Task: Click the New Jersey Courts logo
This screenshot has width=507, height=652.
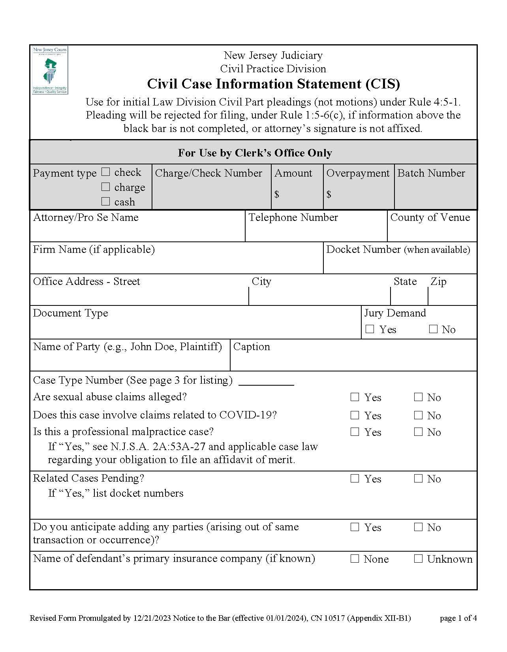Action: click(x=50, y=70)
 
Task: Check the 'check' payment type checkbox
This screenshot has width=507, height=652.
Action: click(x=105, y=172)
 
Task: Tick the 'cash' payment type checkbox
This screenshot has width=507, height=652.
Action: click(x=105, y=202)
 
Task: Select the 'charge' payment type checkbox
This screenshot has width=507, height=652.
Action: click(x=105, y=187)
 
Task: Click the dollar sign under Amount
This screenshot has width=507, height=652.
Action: click(x=277, y=194)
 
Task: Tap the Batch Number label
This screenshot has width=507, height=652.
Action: click(x=431, y=173)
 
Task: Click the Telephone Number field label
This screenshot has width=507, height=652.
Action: click(x=293, y=217)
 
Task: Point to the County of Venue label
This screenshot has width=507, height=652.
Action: click(x=430, y=217)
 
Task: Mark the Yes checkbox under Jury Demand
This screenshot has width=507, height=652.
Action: click(x=370, y=329)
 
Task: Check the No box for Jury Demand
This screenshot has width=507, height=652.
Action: click(x=433, y=329)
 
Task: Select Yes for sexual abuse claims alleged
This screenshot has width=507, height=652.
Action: click(x=355, y=397)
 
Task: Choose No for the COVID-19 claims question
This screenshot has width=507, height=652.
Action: click(x=418, y=415)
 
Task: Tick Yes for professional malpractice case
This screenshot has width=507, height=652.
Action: click(x=355, y=432)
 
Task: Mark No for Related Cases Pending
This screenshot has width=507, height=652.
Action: click(x=418, y=479)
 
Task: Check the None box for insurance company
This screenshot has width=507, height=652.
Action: click(x=355, y=559)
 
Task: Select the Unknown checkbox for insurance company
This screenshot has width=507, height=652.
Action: click(x=418, y=559)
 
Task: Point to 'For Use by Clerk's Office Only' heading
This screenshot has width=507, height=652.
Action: click(x=255, y=153)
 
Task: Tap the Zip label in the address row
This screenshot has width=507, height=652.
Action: click(x=438, y=281)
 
